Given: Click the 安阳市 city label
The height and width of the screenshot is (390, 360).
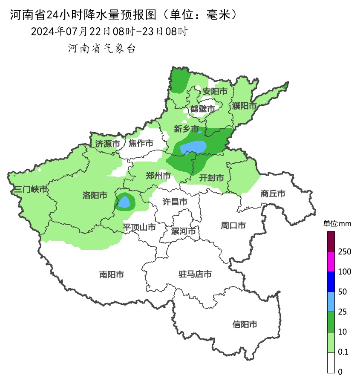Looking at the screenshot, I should [x=215, y=91].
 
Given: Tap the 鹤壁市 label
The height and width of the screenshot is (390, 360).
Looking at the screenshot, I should [x=202, y=109].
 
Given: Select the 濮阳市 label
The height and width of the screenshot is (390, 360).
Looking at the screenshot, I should [x=244, y=105].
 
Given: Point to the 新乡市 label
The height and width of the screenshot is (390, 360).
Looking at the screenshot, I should [x=186, y=129].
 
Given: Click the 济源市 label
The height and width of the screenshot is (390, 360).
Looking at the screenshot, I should [x=107, y=144].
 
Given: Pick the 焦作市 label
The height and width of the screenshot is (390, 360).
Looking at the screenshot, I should [x=141, y=144].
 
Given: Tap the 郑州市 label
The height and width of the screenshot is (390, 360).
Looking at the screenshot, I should [x=158, y=176].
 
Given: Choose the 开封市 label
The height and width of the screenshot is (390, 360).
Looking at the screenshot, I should [x=212, y=178].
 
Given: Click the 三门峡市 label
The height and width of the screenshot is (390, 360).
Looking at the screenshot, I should [x=30, y=189].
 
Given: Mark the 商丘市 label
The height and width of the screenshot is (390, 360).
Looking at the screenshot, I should [x=273, y=194].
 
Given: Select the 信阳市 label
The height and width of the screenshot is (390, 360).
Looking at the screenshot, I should [x=245, y=324].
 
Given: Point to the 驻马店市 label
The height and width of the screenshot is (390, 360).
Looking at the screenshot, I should [x=195, y=274].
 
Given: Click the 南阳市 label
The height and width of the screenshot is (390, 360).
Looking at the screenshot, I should [x=112, y=274].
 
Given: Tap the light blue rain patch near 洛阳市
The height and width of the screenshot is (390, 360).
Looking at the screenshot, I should [x=124, y=202].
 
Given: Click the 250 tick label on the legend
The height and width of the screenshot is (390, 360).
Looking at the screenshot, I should [x=344, y=252].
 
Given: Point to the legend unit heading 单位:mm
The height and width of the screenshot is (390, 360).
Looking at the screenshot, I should [x=337, y=224].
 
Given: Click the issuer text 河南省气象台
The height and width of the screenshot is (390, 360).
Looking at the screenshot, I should [x=102, y=49].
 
